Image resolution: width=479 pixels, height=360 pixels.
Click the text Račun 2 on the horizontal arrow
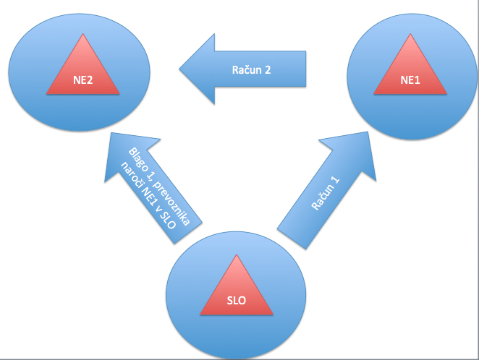[252, 70]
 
